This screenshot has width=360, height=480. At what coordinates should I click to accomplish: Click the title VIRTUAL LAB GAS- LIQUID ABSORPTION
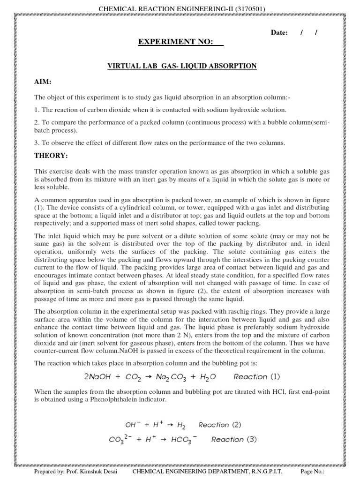(x=182, y=67)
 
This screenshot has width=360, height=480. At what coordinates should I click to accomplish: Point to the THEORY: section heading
(x=51, y=155)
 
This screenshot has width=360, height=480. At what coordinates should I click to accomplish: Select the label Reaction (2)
(x=220, y=425)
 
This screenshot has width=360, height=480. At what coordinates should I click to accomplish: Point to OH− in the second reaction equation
(x=131, y=425)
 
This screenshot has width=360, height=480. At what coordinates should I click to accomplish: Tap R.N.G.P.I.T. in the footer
(x=265, y=472)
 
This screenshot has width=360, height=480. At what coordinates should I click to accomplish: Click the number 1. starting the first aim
(x=37, y=110)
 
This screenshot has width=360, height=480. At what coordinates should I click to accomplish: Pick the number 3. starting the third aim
(x=37, y=143)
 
